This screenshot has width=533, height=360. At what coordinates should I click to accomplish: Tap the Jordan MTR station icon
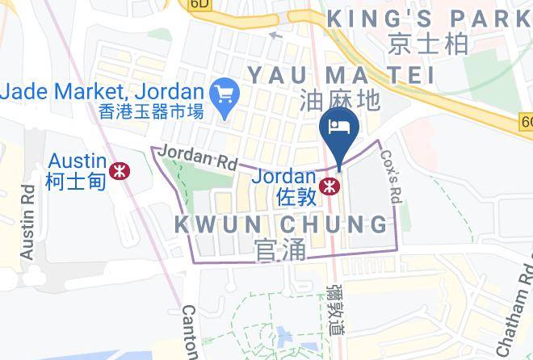[x=329, y=186]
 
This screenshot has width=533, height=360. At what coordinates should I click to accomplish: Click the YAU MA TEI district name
[x=341, y=74]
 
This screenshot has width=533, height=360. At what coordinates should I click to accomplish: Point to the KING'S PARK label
[x=429, y=17]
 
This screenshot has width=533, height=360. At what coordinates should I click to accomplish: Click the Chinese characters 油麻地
[x=339, y=100]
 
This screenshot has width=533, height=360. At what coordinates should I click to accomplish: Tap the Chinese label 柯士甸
[x=76, y=181]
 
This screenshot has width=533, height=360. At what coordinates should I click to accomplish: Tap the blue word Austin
[x=77, y=161]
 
